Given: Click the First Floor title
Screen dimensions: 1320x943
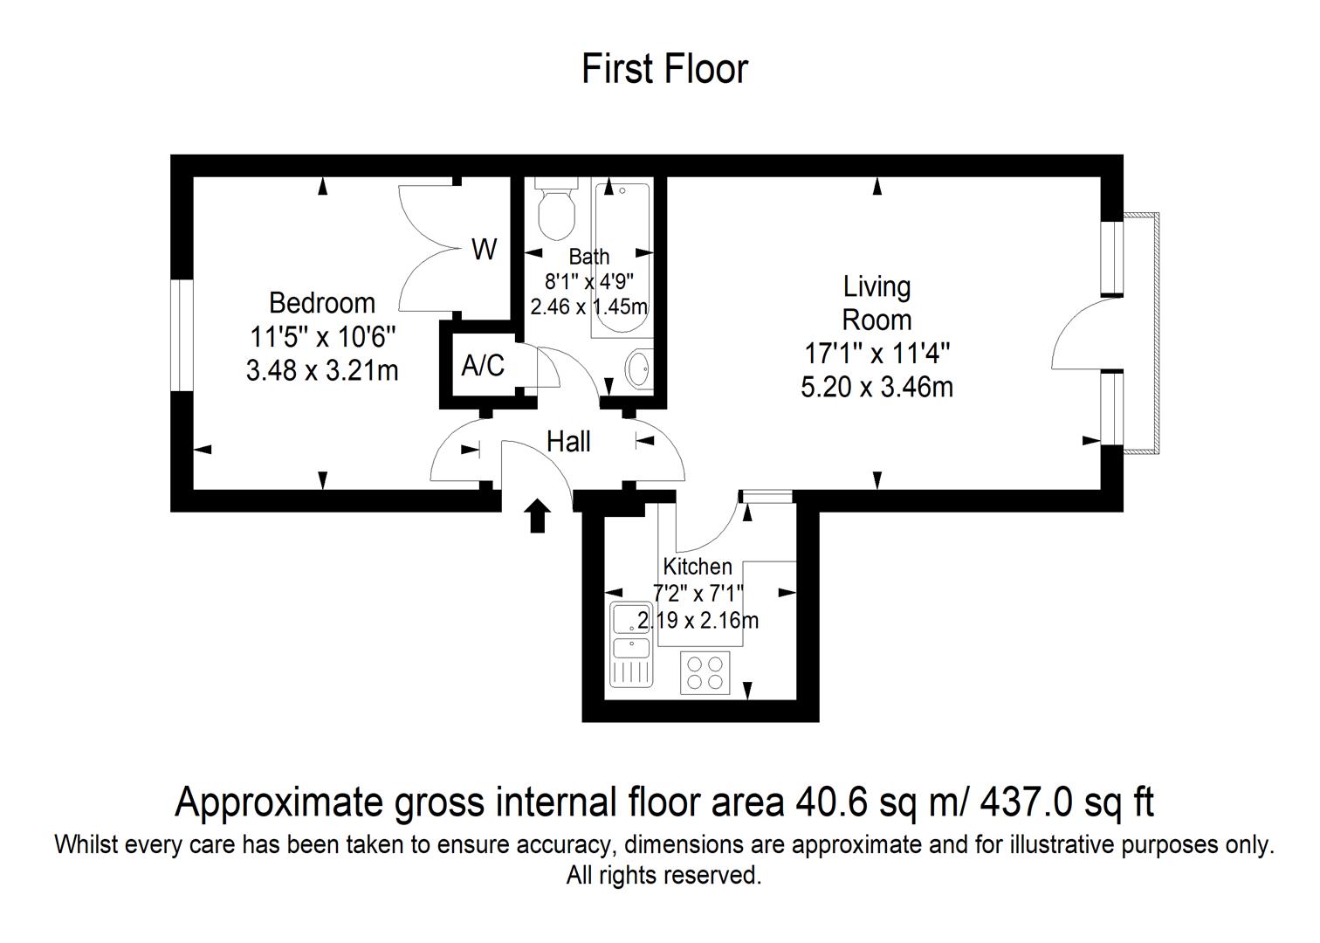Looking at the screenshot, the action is click(x=664, y=70).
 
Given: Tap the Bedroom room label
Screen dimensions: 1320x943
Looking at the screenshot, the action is click(x=322, y=303).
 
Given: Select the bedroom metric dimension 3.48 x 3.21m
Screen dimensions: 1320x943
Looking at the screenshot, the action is click(x=322, y=371).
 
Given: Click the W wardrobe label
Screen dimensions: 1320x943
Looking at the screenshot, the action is click(x=485, y=250).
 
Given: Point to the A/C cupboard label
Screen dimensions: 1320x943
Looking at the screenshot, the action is click(x=483, y=365).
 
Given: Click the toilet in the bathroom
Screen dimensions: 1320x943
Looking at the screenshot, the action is click(x=554, y=209).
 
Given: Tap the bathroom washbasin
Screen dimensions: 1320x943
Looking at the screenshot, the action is click(x=639, y=369).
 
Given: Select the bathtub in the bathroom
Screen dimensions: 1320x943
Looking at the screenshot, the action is click(x=622, y=260).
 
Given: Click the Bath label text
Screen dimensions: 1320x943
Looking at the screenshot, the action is click(x=588, y=257).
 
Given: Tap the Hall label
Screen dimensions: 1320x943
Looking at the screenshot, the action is click(x=568, y=442).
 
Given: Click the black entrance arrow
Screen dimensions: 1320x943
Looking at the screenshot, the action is click(x=538, y=516).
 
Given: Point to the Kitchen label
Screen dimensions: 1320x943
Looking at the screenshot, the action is click(x=698, y=567).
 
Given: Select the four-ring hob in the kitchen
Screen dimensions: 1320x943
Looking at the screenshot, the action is click(x=705, y=672).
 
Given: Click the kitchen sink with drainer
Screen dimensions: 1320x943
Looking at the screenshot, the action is click(x=631, y=644).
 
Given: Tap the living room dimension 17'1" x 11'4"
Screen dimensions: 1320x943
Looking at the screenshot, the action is click(x=877, y=354).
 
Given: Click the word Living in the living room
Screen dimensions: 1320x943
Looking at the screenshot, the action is click(x=877, y=287).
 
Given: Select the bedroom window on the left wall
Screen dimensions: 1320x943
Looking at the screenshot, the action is click(x=182, y=334).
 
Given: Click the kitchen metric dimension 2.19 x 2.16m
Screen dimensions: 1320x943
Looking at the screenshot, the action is click(x=698, y=621).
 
